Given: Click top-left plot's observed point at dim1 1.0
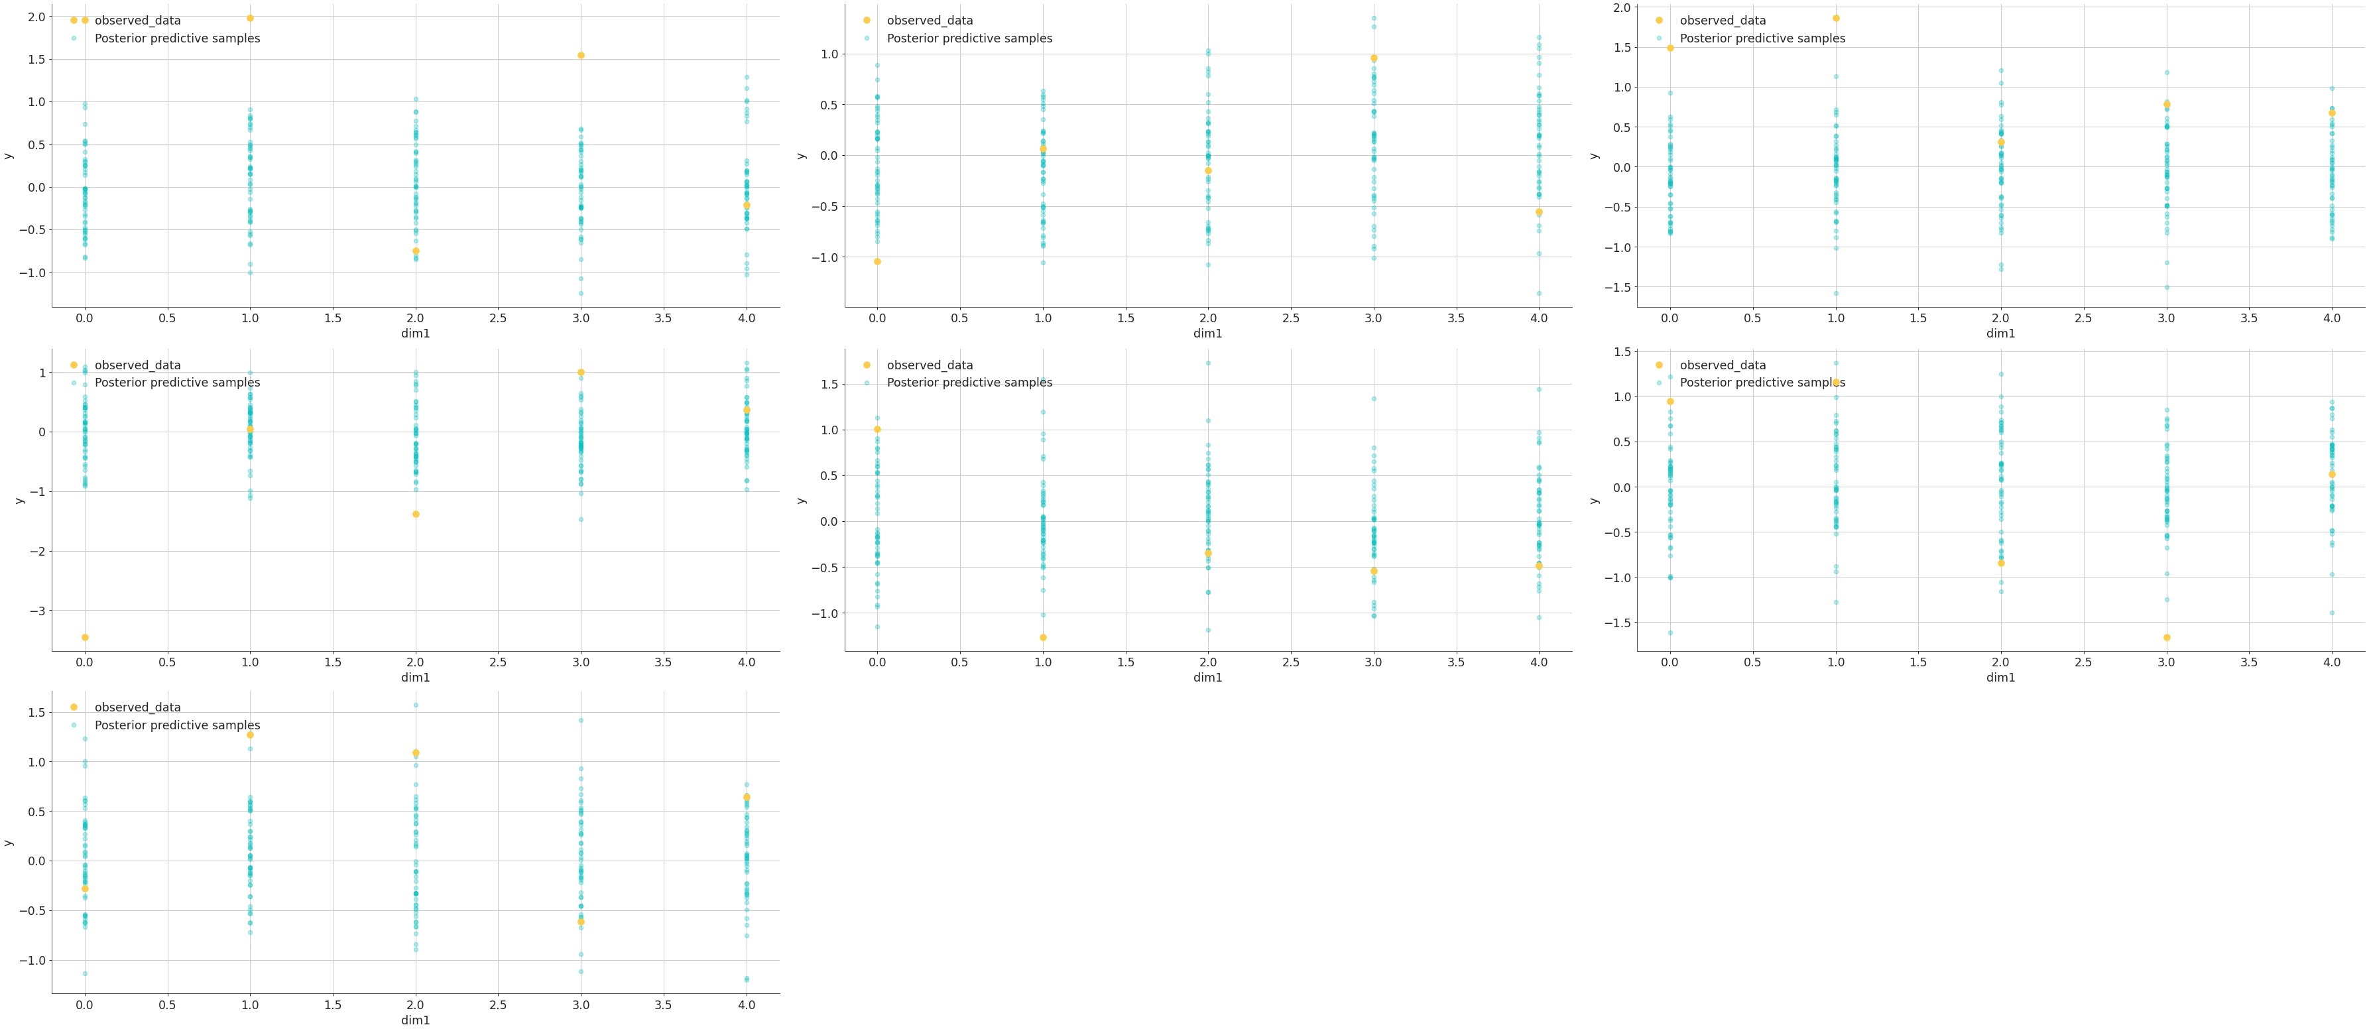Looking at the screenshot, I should click(x=250, y=19).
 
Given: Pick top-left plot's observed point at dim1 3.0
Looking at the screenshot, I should click(x=581, y=55).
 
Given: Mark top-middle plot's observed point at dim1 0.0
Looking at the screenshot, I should click(x=878, y=262).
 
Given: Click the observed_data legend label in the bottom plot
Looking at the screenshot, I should click(x=138, y=707).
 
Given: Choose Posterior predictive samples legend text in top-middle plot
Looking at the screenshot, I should click(x=969, y=38).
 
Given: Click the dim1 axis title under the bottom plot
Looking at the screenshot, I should click(x=415, y=1020).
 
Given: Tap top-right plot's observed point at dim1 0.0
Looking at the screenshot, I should click(x=1671, y=48).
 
